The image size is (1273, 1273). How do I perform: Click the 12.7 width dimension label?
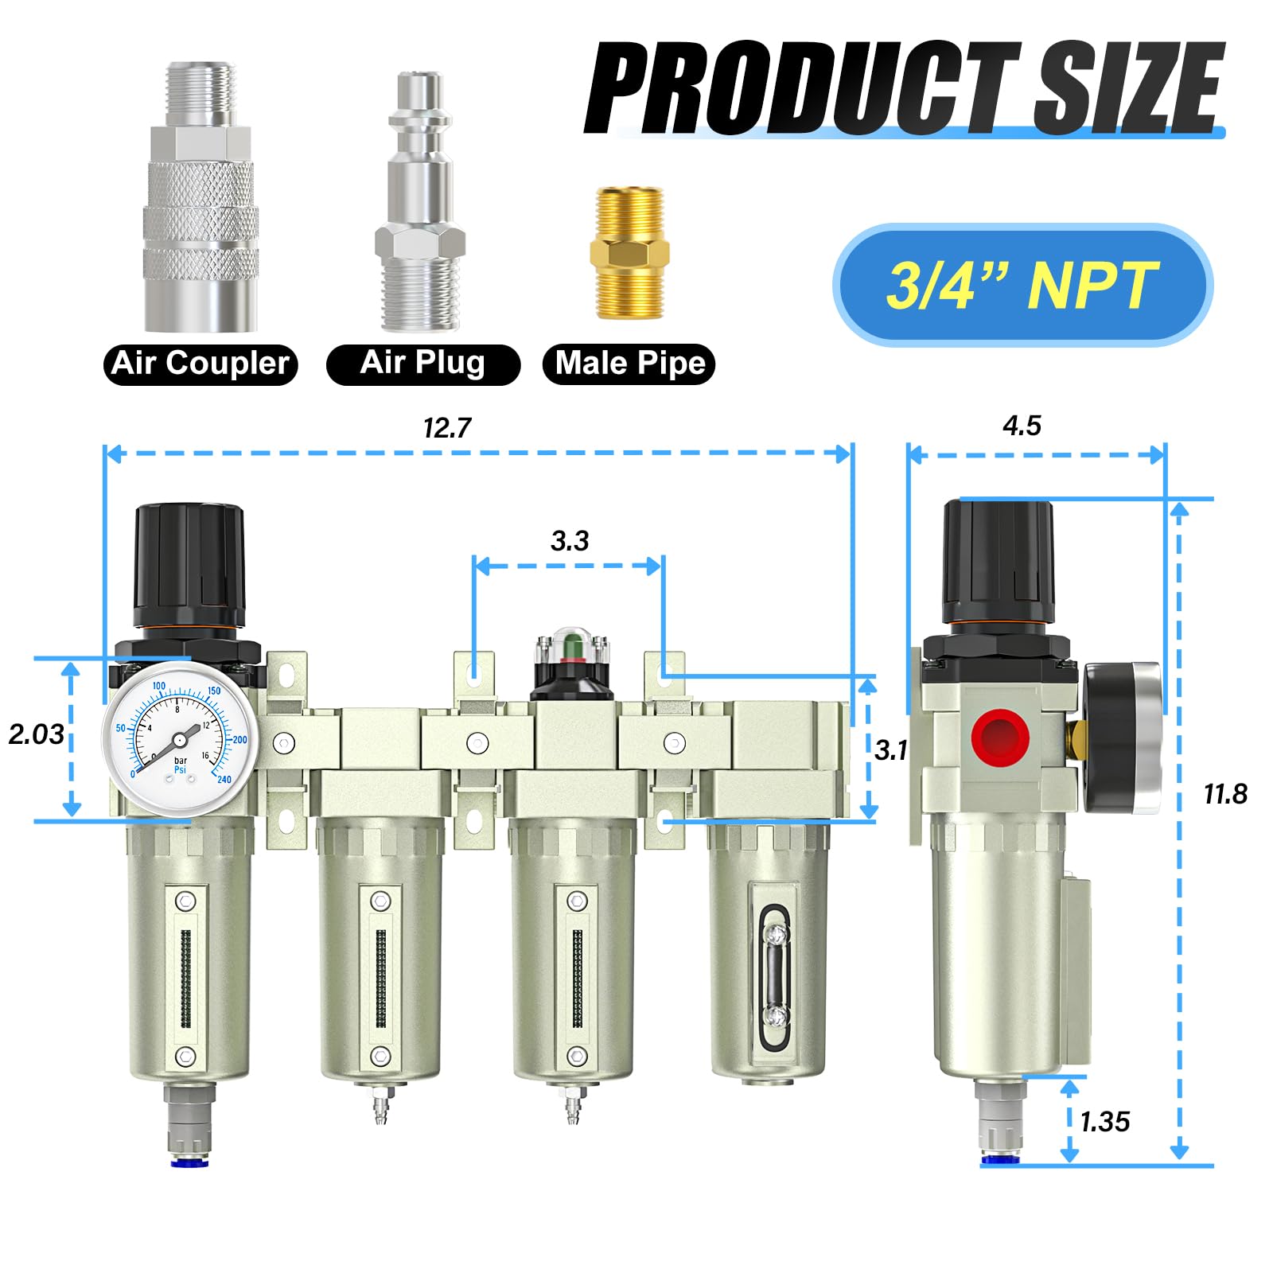[x=446, y=429]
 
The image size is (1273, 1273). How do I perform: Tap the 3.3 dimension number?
[x=570, y=542]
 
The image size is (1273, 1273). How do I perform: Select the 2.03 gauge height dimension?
[x=36, y=734]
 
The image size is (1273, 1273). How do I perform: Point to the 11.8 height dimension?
[x=1224, y=794]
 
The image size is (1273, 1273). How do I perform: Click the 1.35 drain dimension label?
[x=1104, y=1122]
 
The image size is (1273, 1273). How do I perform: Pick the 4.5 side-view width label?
[x=1022, y=426]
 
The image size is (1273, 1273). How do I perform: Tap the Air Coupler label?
[x=200, y=364]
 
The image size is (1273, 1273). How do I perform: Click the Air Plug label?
[x=422, y=364]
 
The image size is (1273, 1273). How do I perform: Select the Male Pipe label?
[x=629, y=364]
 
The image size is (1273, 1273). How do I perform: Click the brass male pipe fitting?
[x=629, y=253]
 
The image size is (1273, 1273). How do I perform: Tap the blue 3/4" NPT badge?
[x=1022, y=285]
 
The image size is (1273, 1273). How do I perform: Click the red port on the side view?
[x=1000, y=738]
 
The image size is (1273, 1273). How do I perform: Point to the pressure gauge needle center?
[x=179, y=740]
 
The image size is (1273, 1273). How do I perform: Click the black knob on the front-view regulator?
[x=189, y=565]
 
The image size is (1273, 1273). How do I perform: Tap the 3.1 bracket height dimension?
[x=890, y=750]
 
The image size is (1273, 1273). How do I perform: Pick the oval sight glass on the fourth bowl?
[x=774, y=975]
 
